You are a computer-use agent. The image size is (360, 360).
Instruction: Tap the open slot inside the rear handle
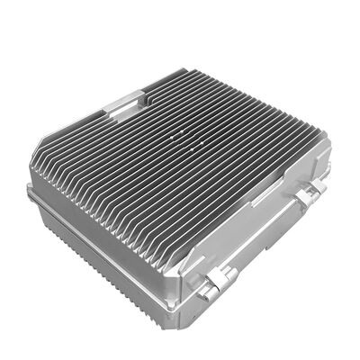[x=123, y=106]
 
